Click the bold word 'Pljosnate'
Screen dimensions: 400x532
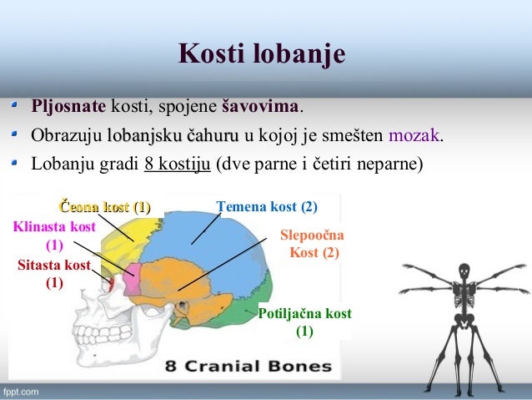pyautogui.click(x=68, y=108)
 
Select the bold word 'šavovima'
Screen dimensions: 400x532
pyautogui.click(x=261, y=108)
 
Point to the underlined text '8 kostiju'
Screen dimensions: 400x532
pyautogui.click(x=178, y=161)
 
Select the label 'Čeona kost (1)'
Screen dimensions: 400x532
pyautogui.click(x=103, y=206)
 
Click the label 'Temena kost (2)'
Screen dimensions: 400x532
pyautogui.click(x=266, y=206)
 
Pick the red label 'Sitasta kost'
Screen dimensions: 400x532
pyautogui.click(x=53, y=266)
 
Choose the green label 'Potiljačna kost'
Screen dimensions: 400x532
pyautogui.click(x=305, y=314)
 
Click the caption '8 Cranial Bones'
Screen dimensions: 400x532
pyautogui.click(x=248, y=366)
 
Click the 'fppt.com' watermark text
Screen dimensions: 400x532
pyautogui.click(x=21, y=390)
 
